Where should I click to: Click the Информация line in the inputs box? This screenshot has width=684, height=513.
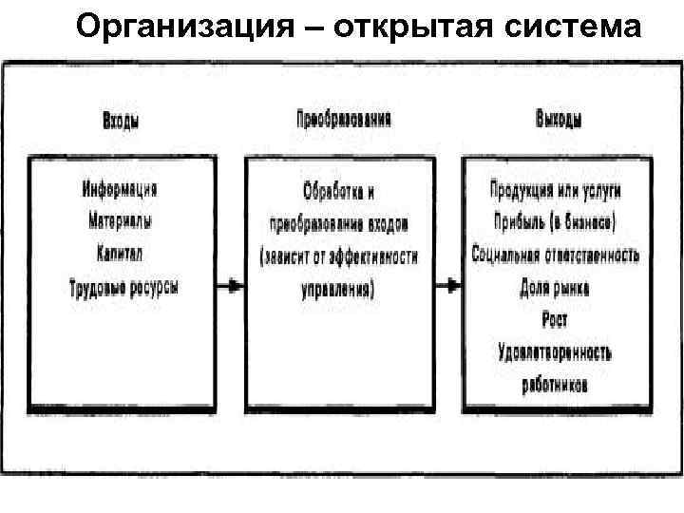119,188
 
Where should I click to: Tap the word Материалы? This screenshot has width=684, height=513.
120,221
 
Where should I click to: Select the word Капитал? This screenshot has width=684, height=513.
120,253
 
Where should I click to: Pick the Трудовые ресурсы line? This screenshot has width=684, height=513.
123,285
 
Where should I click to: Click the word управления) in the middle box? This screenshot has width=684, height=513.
337,291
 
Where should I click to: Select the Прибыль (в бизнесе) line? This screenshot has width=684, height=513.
556,222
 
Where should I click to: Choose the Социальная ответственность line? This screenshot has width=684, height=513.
556,255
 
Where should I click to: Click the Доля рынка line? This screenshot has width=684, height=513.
556,287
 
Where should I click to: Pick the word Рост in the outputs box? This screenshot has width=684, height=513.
555,319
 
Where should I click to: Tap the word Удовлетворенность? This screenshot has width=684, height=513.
556,352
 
